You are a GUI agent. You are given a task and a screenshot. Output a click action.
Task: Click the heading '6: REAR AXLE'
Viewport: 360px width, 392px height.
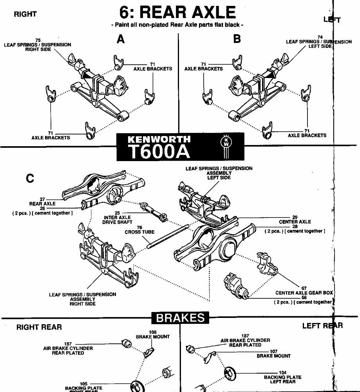[x=178, y=13]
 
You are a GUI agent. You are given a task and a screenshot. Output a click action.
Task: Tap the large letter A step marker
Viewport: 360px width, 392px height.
[x=121, y=40]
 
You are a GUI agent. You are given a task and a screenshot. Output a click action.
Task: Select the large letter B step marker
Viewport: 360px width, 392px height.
[x=237, y=40]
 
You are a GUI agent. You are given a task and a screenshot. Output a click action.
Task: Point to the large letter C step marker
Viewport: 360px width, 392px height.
[x=30, y=179]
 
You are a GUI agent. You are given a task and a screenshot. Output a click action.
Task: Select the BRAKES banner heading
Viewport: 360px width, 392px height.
[x=180, y=318]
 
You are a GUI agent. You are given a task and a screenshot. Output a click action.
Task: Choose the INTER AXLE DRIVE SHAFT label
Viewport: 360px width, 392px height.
[x=117, y=220]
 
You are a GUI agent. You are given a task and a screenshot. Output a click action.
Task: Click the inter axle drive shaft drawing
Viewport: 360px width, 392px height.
[x=153, y=211]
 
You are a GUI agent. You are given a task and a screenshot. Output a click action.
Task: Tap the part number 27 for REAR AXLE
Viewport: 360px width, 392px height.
[x=42, y=200]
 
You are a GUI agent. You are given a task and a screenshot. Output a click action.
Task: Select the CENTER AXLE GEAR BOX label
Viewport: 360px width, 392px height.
[x=304, y=293]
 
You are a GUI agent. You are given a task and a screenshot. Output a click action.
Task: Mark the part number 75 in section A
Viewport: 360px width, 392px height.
[x=38, y=40]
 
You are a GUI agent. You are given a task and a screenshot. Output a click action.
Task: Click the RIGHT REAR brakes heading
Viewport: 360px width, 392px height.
[x=39, y=327]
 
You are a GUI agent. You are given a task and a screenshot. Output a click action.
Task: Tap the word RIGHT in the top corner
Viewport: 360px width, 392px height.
[x=25, y=14]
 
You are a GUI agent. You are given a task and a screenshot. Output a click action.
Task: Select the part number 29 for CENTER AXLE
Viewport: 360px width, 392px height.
[x=295, y=217]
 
